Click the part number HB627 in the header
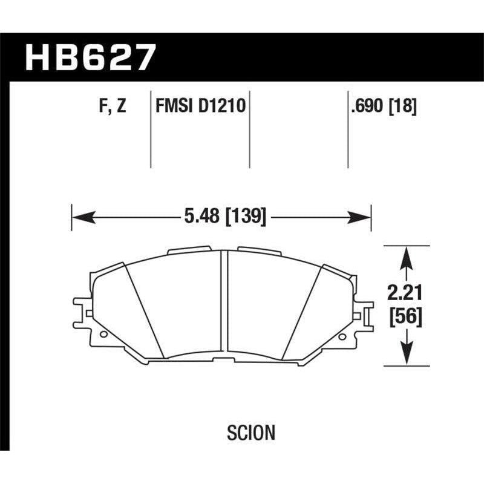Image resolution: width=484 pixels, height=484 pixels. tap(90, 57)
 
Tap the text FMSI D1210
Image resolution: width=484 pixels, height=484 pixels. tap(200, 107)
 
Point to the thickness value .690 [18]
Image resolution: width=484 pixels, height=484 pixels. tap(383, 107)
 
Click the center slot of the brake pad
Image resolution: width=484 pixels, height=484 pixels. tap(224, 306)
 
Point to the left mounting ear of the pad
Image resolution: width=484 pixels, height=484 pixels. tap(81, 308)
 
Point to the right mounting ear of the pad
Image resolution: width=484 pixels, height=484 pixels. tap(366, 308)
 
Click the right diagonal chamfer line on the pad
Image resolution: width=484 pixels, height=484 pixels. tap(301, 312)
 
